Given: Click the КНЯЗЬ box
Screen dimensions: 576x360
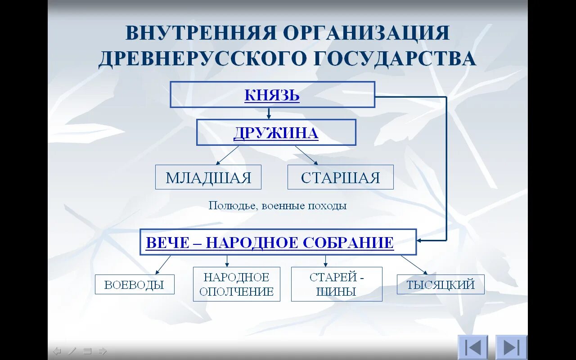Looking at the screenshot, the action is pyautogui.click(x=272, y=94).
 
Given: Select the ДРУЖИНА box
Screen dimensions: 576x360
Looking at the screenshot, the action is pyautogui.click(x=276, y=132).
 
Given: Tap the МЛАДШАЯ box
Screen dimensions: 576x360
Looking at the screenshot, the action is pyautogui.click(x=208, y=177).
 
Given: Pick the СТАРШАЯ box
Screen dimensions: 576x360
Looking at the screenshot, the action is pyautogui.click(x=340, y=177).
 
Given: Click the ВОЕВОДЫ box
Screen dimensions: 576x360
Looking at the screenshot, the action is pyautogui.click(x=134, y=284).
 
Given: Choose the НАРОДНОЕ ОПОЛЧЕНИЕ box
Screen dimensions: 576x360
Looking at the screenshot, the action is pyautogui.click(x=236, y=284).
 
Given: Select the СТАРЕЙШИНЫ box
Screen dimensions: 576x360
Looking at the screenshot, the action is pyautogui.click(x=337, y=284).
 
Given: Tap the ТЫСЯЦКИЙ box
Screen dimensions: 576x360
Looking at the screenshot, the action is pyautogui.click(x=441, y=284).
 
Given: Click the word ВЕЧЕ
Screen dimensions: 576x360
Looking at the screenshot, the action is pyautogui.click(x=168, y=243).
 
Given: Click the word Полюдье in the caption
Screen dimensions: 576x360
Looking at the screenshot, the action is pyautogui.click(x=229, y=206).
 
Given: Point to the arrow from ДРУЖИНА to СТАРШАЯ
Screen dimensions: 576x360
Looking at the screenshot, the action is pyautogui.click(x=307, y=155).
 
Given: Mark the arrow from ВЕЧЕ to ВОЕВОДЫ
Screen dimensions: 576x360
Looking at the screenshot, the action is pyautogui.click(x=163, y=265).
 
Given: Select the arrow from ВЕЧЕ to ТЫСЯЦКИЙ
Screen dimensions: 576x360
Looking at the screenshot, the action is pyautogui.click(x=414, y=265).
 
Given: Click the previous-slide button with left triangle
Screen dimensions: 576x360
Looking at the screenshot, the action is pyautogui.click(x=472, y=347).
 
